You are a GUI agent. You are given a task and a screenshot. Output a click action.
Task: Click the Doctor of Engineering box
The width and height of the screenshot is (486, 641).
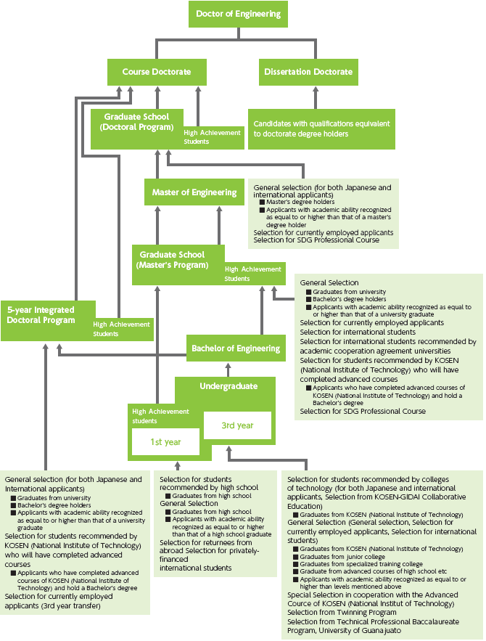(x=238, y=15)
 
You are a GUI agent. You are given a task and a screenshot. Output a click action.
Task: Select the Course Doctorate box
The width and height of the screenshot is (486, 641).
(x=156, y=72)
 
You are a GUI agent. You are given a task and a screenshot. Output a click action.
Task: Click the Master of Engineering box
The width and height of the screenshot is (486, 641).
(x=194, y=192)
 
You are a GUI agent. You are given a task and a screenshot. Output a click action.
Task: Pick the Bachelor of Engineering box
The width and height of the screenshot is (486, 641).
(x=235, y=348)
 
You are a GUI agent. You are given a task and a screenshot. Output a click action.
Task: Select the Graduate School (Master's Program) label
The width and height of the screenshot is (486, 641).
(x=172, y=260)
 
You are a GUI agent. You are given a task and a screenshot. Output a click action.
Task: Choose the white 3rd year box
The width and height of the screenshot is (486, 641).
(x=237, y=425)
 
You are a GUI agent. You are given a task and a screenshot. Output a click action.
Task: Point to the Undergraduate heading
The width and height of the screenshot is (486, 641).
(x=228, y=387)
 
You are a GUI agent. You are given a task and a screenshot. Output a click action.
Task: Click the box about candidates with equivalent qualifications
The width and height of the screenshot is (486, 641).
(x=321, y=128)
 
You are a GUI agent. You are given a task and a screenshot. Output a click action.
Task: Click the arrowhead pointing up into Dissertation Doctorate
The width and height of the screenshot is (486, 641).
(x=315, y=90)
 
